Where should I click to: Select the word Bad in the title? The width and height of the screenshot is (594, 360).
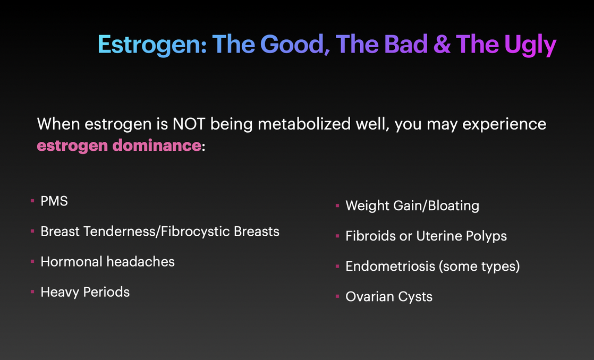(406, 44)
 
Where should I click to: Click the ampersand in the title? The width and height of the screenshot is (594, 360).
(442, 44)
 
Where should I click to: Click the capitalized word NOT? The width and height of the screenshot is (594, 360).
(189, 124)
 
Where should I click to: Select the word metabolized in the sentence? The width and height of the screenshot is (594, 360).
(304, 124)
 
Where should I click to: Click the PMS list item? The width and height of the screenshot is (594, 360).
(54, 201)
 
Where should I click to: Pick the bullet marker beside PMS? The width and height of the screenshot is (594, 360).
(32, 201)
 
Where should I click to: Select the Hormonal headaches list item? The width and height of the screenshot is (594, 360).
(107, 262)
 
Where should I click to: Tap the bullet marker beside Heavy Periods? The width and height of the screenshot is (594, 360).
(32, 292)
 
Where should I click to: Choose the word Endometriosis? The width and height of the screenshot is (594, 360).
(390, 266)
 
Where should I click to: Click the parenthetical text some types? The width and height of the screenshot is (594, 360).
(479, 267)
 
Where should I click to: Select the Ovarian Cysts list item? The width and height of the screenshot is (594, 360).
(389, 297)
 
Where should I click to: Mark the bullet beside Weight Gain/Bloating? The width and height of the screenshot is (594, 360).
(337, 205)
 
